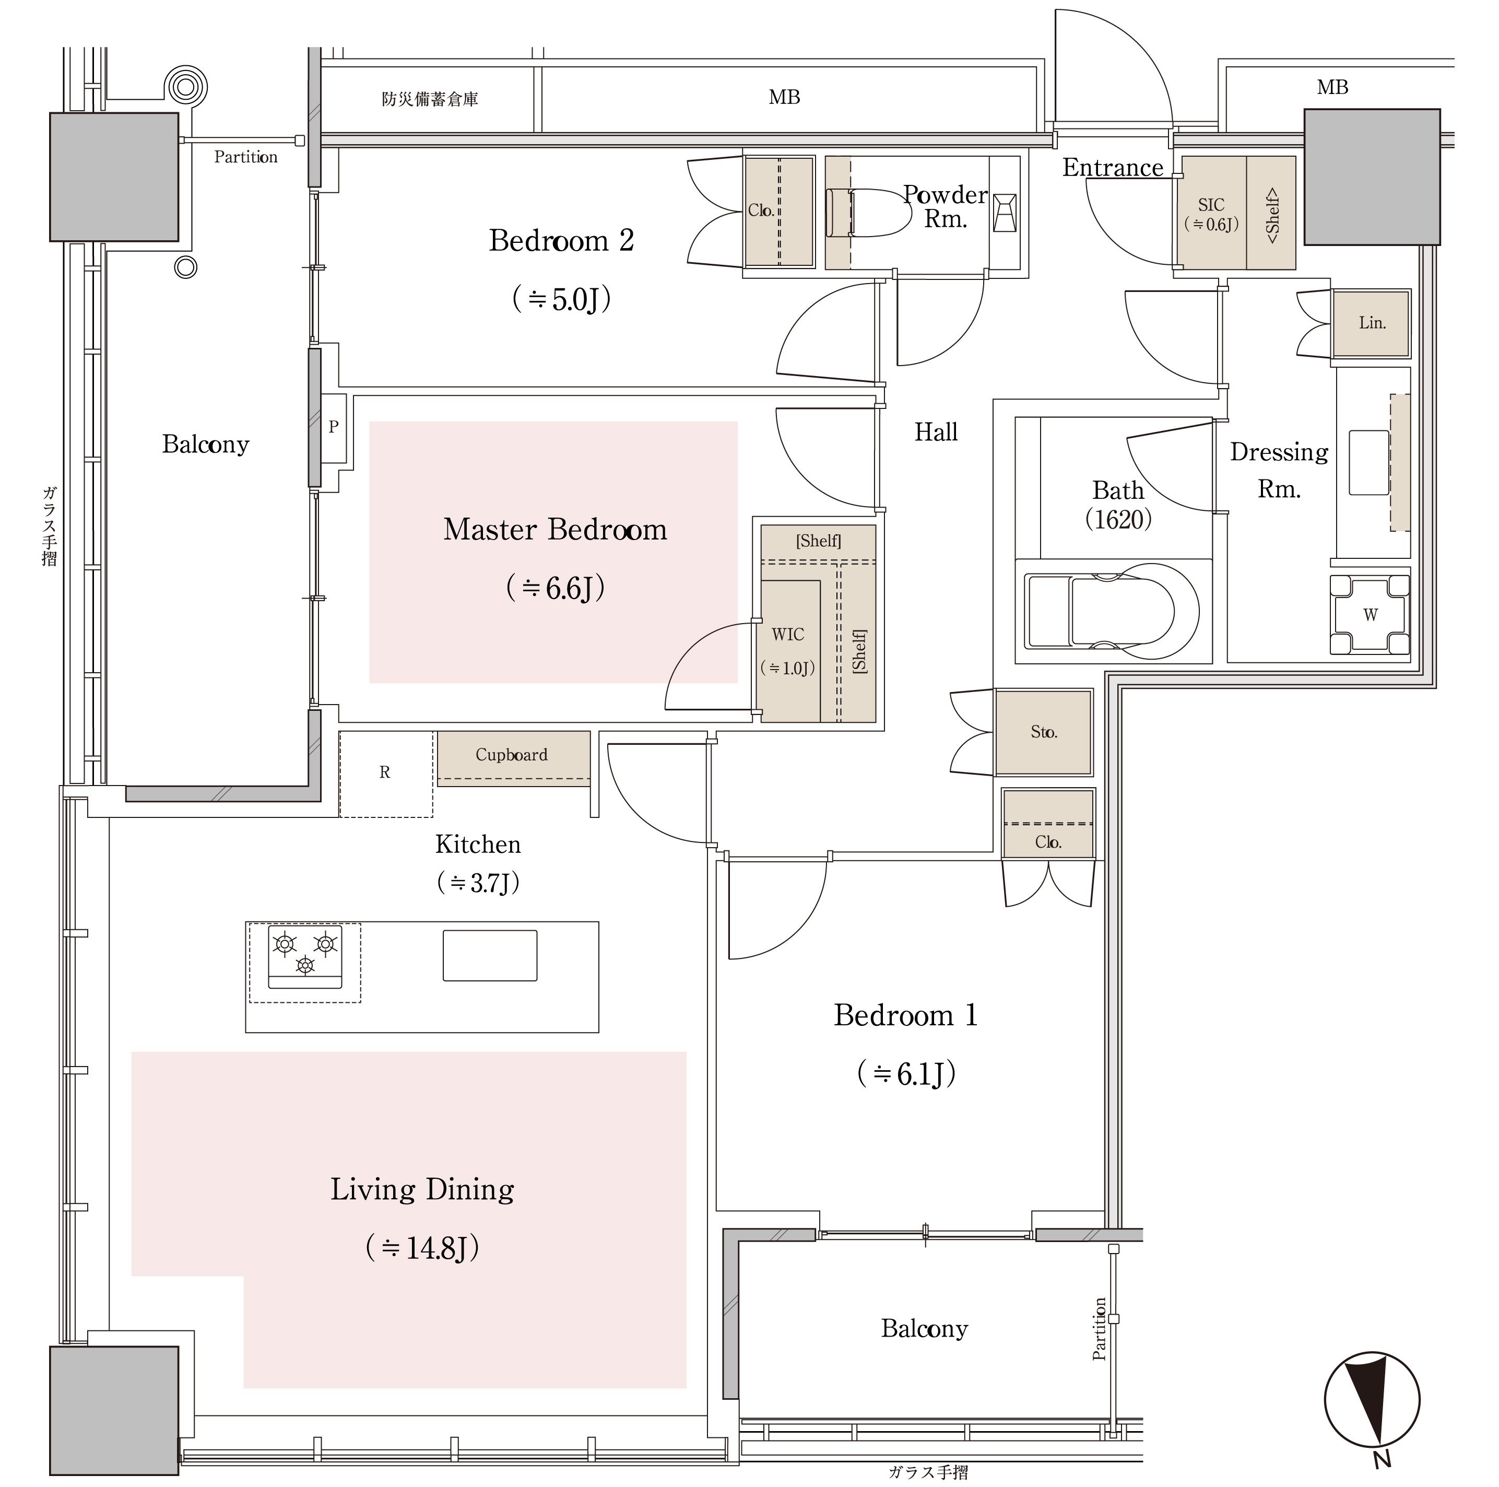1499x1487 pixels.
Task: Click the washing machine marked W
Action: point(1370,615)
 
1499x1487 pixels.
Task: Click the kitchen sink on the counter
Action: point(490,955)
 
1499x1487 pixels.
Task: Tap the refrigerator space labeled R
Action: point(385,773)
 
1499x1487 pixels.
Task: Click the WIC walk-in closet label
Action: point(787,635)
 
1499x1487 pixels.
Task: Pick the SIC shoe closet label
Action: point(1210,205)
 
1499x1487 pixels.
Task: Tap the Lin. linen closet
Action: point(1371,323)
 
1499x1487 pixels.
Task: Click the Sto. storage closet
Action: point(1044,732)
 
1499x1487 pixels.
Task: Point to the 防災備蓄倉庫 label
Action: point(430,99)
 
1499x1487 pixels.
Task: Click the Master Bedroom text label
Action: point(555,529)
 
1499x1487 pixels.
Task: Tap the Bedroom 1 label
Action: point(905,1015)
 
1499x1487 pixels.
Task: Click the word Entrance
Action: point(1112,168)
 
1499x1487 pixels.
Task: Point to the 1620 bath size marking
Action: point(1118,519)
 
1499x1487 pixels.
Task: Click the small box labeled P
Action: point(334,426)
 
